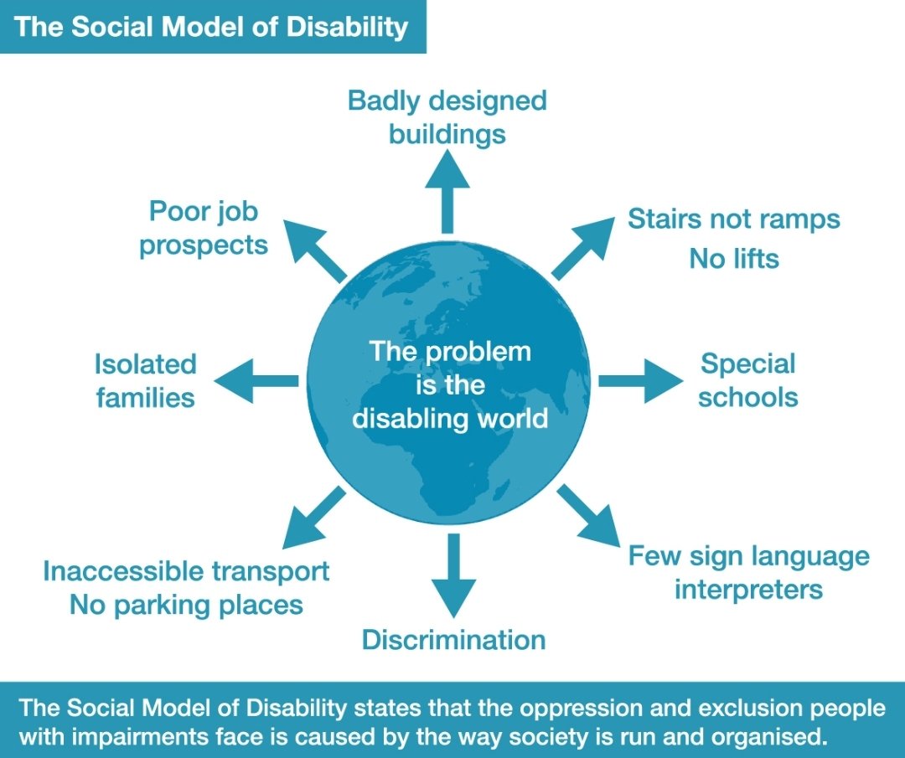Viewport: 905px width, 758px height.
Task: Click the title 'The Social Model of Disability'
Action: (211, 27)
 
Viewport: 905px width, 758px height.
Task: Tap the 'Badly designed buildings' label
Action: (447, 117)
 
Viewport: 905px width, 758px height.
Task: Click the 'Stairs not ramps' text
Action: (733, 219)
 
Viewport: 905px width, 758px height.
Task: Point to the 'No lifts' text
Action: (734, 259)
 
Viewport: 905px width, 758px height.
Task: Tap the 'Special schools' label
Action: (747, 380)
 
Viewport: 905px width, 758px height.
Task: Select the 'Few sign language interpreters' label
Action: (749, 572)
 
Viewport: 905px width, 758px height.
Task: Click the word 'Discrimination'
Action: (453, 641)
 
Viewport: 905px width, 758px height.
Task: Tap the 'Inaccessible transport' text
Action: (186, 571)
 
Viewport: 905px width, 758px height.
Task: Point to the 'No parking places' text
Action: (186, 605)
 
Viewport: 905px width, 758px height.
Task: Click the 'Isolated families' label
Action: (146, 380)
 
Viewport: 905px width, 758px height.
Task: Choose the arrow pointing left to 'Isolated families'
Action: (256, 381)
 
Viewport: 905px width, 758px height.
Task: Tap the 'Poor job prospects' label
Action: (204, 228)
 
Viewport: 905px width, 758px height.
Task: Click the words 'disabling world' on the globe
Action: (450, 417)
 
